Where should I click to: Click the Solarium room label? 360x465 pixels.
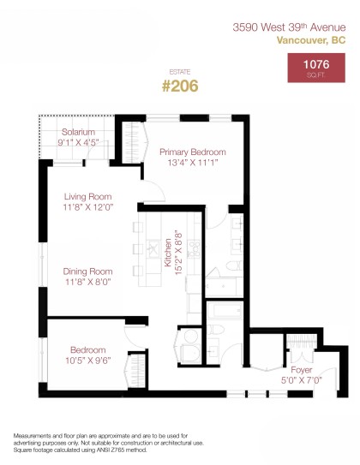point(77,132)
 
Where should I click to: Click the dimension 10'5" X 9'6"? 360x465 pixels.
point(88,361)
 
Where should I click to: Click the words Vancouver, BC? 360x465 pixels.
point(312,39)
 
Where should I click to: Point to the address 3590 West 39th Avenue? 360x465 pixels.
point(290,27)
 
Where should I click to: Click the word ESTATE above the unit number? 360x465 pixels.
point(180,73)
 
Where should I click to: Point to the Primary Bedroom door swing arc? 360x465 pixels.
point(216,218)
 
